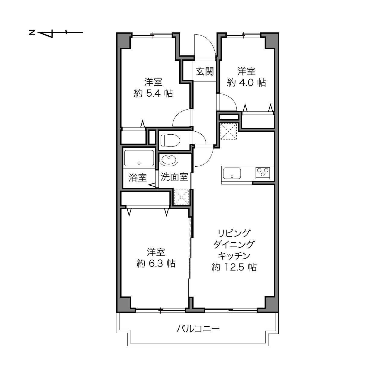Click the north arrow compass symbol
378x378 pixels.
tap(56, 33)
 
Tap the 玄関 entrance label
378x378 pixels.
tap(205, 71)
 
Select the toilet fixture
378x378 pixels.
tap(170, 140)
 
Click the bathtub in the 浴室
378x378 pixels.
tap(139, 159)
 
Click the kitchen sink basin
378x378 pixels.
tap(232, 173)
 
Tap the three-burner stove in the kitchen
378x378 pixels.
tap(263, 173)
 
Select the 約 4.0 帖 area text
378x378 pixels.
tap(246, 83)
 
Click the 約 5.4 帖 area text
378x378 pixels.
tap(153, 93)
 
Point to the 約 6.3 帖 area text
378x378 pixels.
tap(156, 264)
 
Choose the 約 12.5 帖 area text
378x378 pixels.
tap(234, 267)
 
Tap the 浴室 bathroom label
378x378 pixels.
tap(137, 178)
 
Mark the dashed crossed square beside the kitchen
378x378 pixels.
tap(229, 131)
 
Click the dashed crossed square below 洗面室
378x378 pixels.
tap(181, 197)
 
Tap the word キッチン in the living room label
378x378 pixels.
tap(234, 256)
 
